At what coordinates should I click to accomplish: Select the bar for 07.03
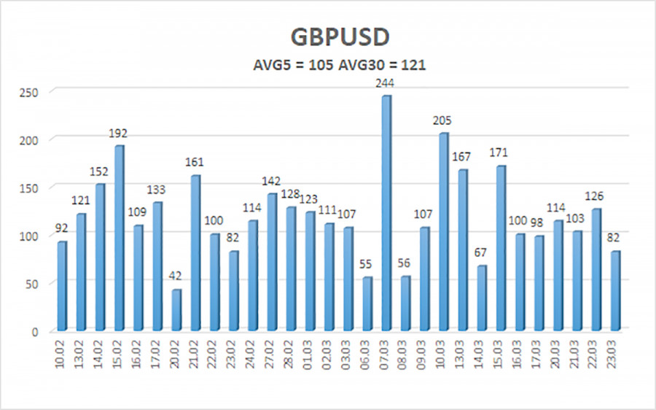pos(386,213)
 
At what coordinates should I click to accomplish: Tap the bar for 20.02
pos(176,309)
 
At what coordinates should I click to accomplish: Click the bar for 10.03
pos(443,231)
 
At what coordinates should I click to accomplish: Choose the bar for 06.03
pos(367,303)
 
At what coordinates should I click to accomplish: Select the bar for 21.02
pos(195,252)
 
